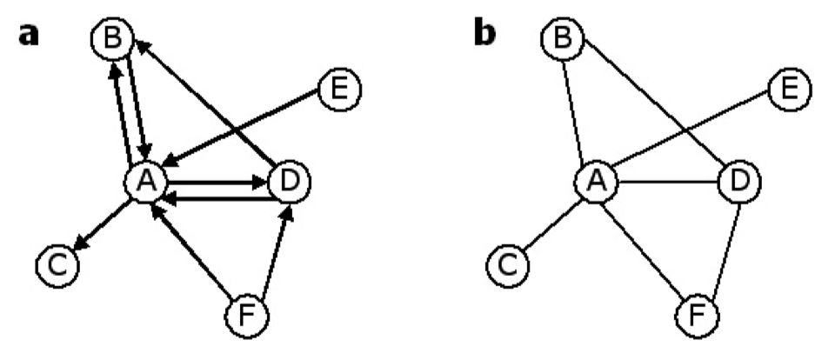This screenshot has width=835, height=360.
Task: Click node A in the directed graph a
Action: tap(145, 182)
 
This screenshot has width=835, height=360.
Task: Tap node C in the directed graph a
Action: tap(57, 262)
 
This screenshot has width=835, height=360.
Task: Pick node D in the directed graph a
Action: tap(290, 182)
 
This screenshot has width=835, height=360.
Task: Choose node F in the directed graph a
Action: tap(245, 314)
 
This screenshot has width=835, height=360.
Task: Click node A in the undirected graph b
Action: tap(596, 182)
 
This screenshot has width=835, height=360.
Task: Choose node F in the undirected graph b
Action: tap(696, 314)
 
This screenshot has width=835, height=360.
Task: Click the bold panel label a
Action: tap(29, 36)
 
